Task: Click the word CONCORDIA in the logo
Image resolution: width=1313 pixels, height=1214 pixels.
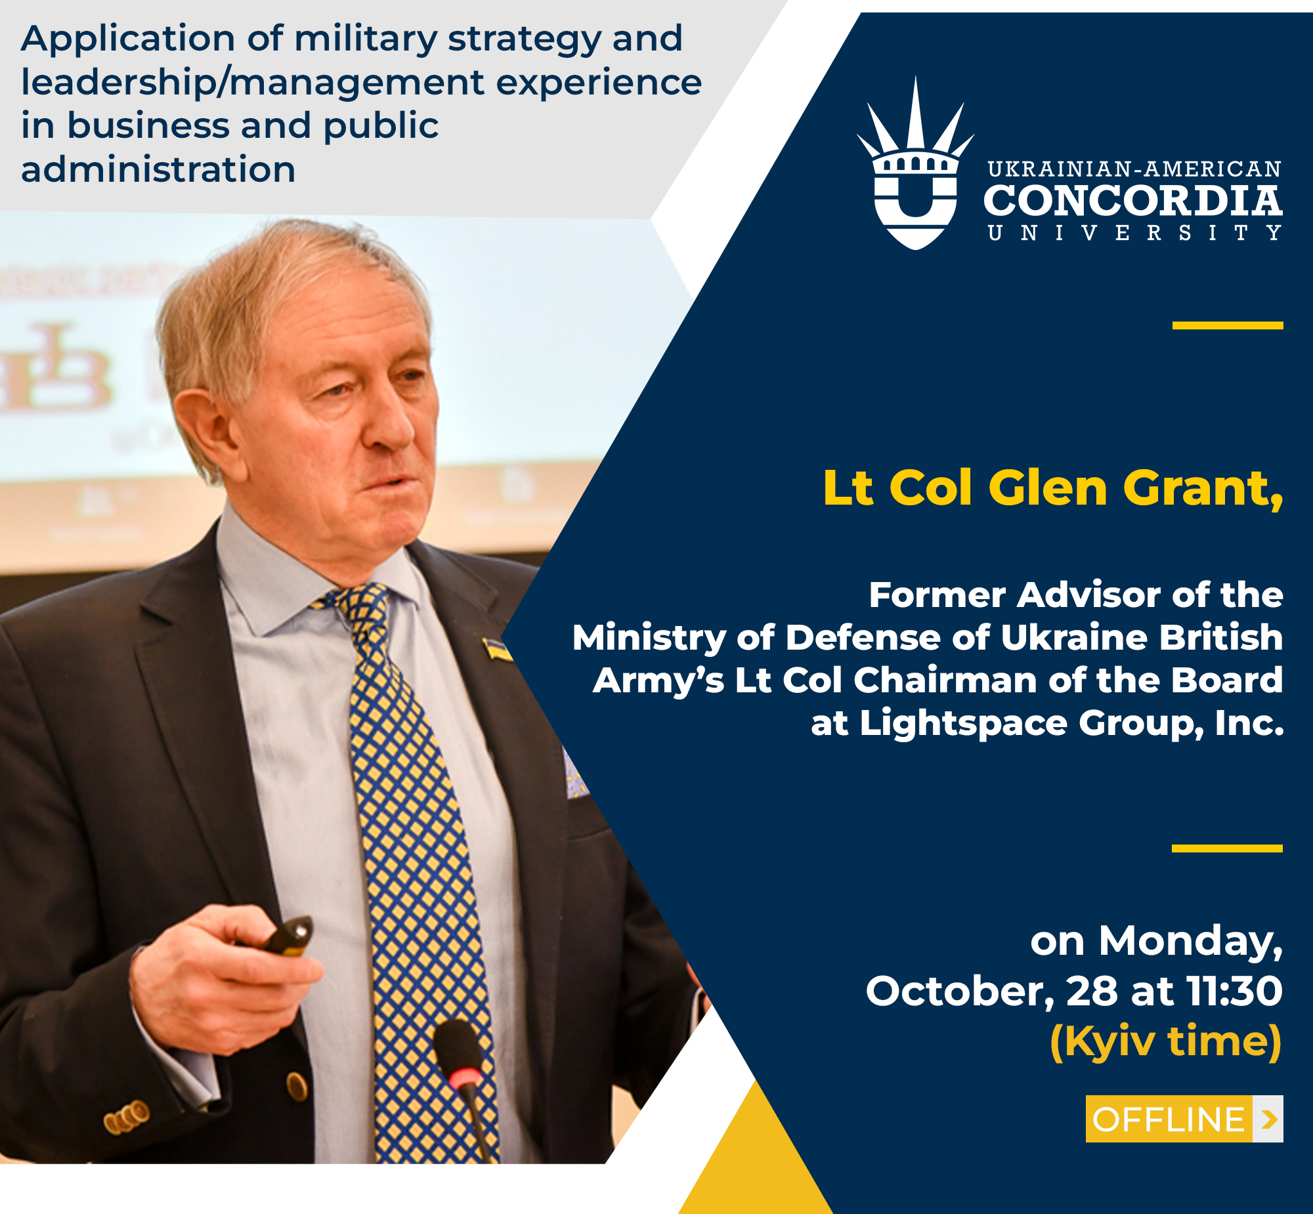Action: [1132, 201]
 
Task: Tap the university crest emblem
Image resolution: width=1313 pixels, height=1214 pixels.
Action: [915, 164]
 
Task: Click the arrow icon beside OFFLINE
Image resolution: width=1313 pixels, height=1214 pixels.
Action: [1268, 1120]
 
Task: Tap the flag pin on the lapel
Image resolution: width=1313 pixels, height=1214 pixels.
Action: [498, 648]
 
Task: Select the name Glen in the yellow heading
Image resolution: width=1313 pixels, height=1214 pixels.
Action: [1048, 489]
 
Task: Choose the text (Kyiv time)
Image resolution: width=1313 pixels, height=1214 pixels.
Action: [1166, 1041]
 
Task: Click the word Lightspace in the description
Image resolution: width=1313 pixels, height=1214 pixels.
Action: [962, 724]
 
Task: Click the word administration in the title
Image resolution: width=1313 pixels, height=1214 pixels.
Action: [158, 169]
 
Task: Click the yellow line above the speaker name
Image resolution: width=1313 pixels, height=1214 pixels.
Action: [1228, 325]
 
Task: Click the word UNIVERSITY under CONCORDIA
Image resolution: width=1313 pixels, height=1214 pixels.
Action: [1134, 233]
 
